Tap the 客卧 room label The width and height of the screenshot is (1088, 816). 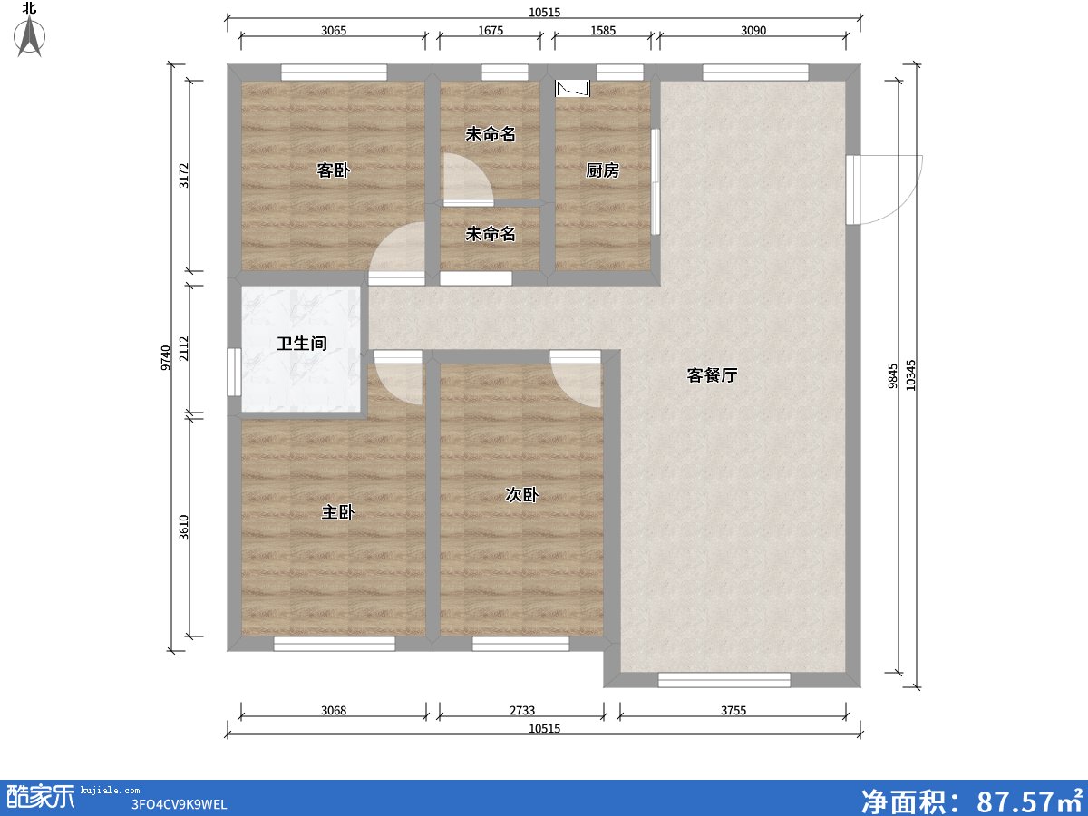(333, 170)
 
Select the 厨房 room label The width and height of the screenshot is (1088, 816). (602, 170)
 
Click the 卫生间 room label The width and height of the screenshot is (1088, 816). (301, 344)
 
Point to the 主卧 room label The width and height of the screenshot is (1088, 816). (337, 512)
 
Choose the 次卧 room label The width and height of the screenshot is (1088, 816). (522, 495)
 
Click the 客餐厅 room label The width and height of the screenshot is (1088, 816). (712, 375)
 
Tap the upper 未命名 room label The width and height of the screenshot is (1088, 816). (491, 134)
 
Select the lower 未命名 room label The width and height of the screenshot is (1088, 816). (491, 234)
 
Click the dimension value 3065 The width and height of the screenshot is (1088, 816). (334, 30)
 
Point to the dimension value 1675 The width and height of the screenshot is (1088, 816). (490, 30)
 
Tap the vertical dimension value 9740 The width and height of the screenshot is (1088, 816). (165, 358)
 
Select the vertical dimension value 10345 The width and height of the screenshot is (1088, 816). (911, 375)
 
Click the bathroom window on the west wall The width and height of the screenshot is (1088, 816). (233, 372)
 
